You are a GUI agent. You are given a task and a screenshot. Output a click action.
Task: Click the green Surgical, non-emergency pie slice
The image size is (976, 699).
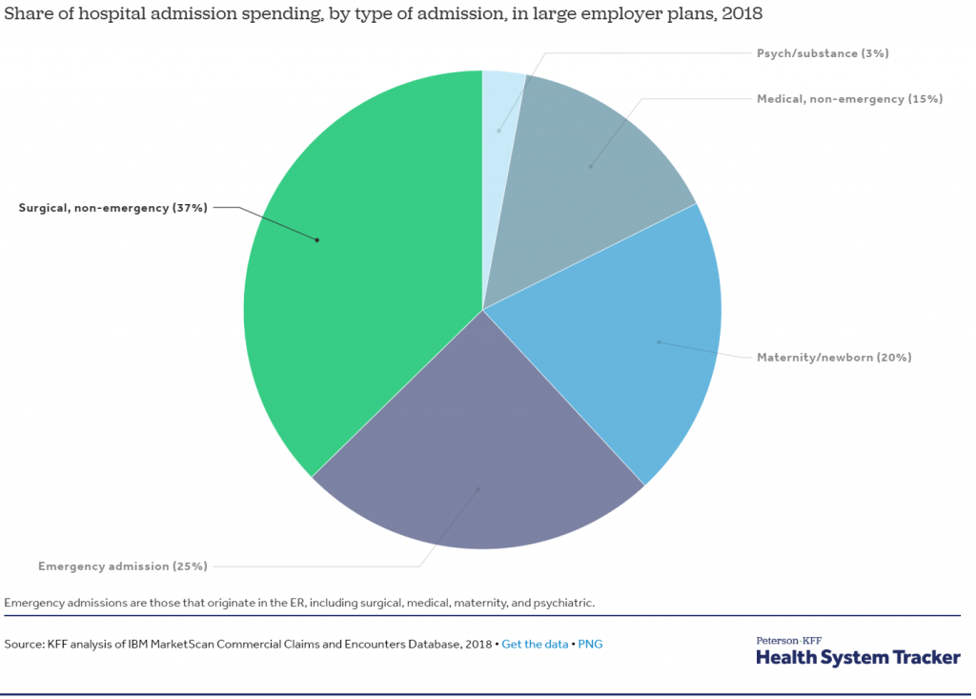[x=362, y=286]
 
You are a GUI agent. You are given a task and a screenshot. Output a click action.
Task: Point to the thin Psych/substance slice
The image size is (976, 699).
[x=499, y=105]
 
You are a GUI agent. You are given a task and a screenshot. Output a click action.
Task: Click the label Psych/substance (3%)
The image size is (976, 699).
[x=822, y=53]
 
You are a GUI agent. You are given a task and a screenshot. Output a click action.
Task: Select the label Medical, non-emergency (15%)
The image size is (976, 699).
[x=849, y=98]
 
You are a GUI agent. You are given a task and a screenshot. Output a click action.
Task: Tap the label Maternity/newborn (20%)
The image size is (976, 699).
[x=834, y=358]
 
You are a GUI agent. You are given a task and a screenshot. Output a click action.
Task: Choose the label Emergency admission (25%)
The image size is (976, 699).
[x=122, y=566]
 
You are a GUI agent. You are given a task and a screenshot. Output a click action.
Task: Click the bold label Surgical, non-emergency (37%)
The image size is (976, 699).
[x=112, y=208]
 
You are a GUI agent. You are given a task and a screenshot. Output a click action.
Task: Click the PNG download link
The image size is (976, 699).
[x=590, y=644]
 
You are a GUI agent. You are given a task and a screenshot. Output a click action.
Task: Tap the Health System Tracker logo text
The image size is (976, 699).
[x=858, y=657]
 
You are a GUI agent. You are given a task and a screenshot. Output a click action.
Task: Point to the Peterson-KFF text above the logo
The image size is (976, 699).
[x=788, y=640]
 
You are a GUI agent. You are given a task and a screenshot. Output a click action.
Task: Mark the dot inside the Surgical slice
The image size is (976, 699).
[x=317, y=239]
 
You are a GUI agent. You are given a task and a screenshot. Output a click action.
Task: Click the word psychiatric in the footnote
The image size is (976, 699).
[x=563, y=603]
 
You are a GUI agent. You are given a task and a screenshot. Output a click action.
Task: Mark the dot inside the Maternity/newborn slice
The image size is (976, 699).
[x=659, y=341]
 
